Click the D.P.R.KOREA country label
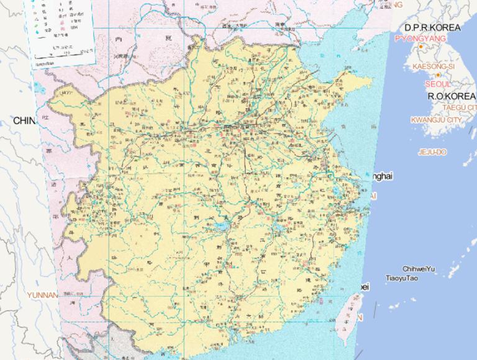click(x=432, y=28)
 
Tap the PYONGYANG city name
click(x=420, y=38)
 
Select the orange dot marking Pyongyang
click(x=420, y=47)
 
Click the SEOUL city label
click(x=438, y=84)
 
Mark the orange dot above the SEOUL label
click(x=438, y=75)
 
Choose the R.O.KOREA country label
click(x=452, y=96)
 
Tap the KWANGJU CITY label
click(x=437, y=119)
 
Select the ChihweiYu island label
click(x=419, y=269)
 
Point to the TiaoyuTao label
click(x=401, y=278)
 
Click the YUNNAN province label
click(x=42, y=295)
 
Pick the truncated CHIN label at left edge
click(x=25, y=120)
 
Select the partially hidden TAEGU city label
click(x=460, y=107)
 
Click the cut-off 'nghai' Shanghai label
click(x=381, y=177)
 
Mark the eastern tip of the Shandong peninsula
click(x=371, y=81)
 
